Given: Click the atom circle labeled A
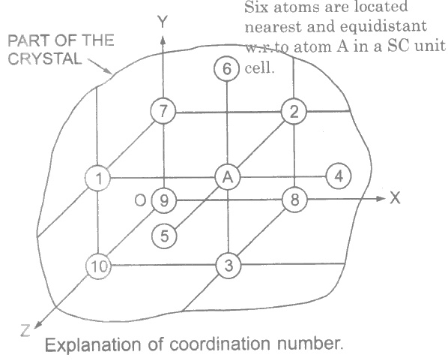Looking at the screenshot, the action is pyautogui.click(x=228, y=177).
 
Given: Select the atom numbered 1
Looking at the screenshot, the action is pyautogui.click(x=98, y=179).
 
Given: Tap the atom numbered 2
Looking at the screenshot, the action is pyautogui.click(x=294, y=112).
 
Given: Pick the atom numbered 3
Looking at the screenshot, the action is pyautogui.click(x=228, y=266).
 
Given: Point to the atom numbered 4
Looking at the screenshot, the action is pyautogui.click(x=339, y=176).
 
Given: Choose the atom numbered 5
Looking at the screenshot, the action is pyautogui.click(x=164, y=236).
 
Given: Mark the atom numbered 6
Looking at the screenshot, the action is pyautogui.click(x=226, y=69).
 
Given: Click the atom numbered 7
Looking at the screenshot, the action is pyautogui.click(x=163, y=111).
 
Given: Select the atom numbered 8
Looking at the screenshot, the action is pyautogui.click(x=294, y=199).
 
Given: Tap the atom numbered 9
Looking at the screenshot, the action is pyautogui.click(x=163, y=200).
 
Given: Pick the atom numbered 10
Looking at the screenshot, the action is pyautogui.click(x=98, y=266).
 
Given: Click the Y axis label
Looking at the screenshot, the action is pyautogui.click(x=163, y=22).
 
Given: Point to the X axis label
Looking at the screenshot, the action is pyautogui.click(x=395, y=198).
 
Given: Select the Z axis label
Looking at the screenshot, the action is pyautogui.click(x=25, y=330).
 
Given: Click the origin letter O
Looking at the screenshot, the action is pyautogui.click(x=140, y=200).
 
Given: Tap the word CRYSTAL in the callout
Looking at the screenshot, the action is pyautogui.click(x=45, y=59).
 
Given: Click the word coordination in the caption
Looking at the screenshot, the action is pyautogui.click(x=220, y=344).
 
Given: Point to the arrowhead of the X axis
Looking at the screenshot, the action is pyautogui.click(x=381, y=198).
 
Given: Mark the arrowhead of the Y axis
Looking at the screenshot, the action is pyautogui.click(x=163, y=41).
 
